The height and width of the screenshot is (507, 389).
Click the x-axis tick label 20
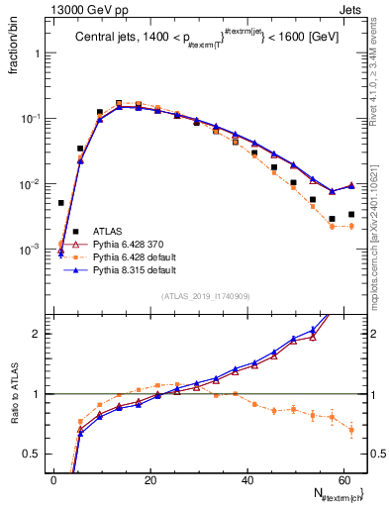[x=150, y=479]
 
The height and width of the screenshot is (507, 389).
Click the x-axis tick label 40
[x=247, y=479]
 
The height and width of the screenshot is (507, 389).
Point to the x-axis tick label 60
[x=343, y=479]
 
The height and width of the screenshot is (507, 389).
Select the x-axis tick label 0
[x=53, y=479]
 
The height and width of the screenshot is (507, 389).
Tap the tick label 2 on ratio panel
[x=38, y=334]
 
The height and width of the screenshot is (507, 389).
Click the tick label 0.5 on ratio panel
[x=33, y=454]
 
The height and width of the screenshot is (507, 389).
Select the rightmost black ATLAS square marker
[x=351, y=214]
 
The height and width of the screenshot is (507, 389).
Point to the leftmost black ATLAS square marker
[x=61, y=203]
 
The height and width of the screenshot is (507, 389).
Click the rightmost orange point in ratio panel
[x=351, y=430]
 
